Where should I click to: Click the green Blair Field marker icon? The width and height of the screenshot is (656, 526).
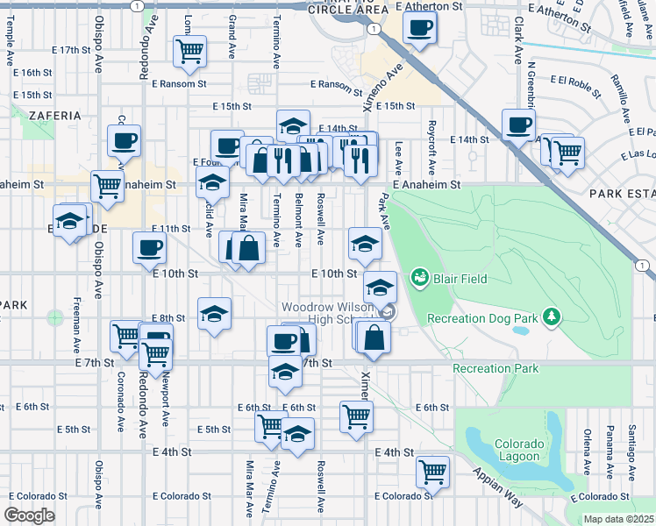click(418, 279)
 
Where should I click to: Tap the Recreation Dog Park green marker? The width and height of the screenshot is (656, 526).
click(552, 315)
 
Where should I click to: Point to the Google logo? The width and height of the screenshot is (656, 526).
click(29, 515)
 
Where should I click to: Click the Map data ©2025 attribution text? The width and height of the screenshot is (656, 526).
click(618, 519)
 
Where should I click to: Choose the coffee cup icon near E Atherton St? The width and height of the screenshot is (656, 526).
click(420, 26)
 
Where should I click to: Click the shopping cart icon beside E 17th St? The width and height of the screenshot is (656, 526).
click(189, 52)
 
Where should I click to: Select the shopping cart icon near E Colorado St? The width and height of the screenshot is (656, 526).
click(433, 472)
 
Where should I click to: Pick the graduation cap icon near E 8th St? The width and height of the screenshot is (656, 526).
click(214, 315)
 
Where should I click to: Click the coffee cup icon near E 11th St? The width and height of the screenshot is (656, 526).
click(148, 246)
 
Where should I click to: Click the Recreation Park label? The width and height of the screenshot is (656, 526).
click(496, 369)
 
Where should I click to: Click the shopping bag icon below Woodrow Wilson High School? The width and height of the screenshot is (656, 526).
click(374, 338)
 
